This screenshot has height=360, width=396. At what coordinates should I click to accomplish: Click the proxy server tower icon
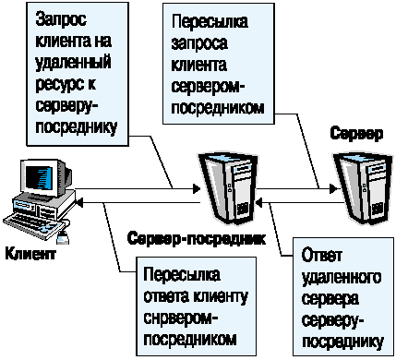[226, 188]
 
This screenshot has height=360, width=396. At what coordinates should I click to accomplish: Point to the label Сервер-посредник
[190, 238]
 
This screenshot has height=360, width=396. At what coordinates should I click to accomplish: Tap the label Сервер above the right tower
[356, 134]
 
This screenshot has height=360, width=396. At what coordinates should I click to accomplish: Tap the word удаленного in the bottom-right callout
[342, 278]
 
